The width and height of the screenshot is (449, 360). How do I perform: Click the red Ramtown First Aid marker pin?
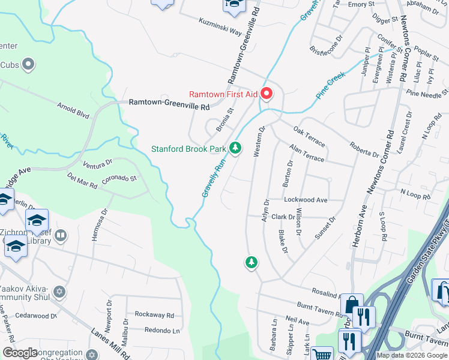click(266, 94)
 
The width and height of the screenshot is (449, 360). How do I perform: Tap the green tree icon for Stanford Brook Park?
click(235, 148)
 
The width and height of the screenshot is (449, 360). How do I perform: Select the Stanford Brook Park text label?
click(188, 149)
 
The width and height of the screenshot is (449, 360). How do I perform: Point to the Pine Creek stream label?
click(331, 87)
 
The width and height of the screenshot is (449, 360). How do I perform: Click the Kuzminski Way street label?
click(220, 25)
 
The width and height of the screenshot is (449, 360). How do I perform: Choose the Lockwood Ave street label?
click(306, 199)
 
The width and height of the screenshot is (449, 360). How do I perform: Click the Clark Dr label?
click(283, 217)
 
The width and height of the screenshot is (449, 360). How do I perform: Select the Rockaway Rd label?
click(154, 314)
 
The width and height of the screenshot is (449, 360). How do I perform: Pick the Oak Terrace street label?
click(309, 136)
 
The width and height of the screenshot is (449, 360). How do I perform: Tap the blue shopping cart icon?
click(322, 353)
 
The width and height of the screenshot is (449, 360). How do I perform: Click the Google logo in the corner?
click(20, 353)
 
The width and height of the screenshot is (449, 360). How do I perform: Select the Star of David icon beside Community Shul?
click(58, 292)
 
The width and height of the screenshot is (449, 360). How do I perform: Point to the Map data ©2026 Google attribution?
click(411, 355)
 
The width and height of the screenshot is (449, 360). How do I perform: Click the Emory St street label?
click(361, 4)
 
